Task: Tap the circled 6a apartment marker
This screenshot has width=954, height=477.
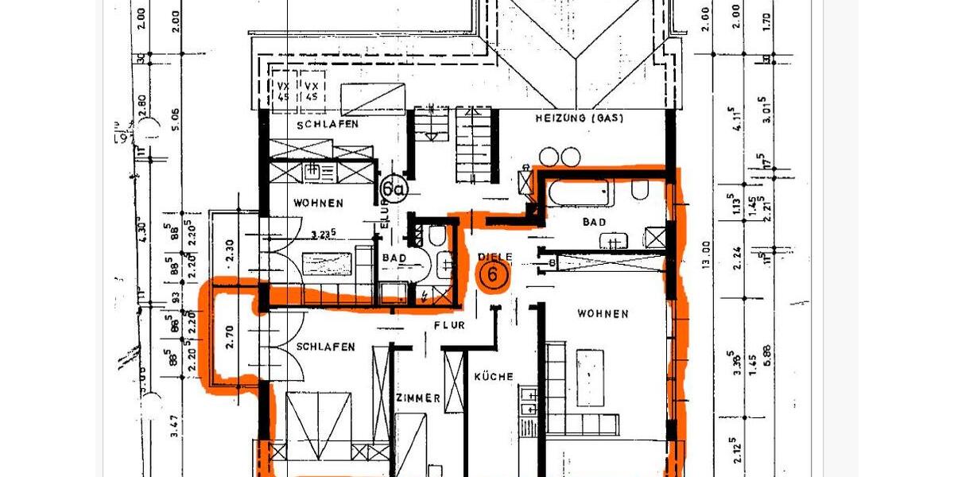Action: (392, 188)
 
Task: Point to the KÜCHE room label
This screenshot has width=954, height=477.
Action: (494, 376)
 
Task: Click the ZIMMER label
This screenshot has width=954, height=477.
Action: (417, 398)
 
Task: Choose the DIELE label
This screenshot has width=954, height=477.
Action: (496, 256)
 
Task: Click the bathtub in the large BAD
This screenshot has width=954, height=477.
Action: (576, 192)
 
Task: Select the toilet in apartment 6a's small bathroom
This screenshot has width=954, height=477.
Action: (436, 235)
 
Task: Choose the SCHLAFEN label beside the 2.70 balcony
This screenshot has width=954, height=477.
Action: (326, 347)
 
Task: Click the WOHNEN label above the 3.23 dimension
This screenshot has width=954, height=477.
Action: (319, 204)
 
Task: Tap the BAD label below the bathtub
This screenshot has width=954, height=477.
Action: (594, 223)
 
